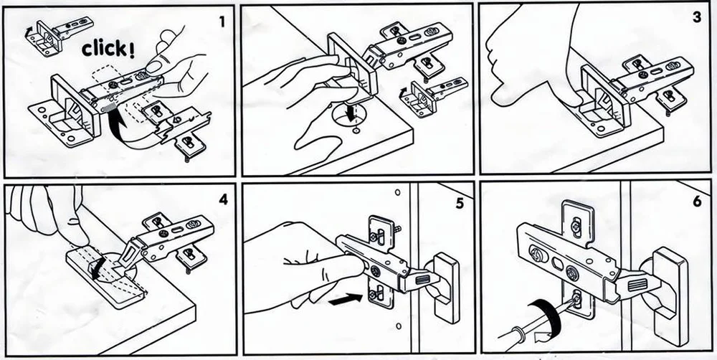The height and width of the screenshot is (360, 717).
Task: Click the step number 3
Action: pos(696,17)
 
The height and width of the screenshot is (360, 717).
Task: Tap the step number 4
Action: pos(223,199)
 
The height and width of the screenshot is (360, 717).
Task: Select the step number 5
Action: pos(460,203)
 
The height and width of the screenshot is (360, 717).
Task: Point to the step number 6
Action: pos(697,202)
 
